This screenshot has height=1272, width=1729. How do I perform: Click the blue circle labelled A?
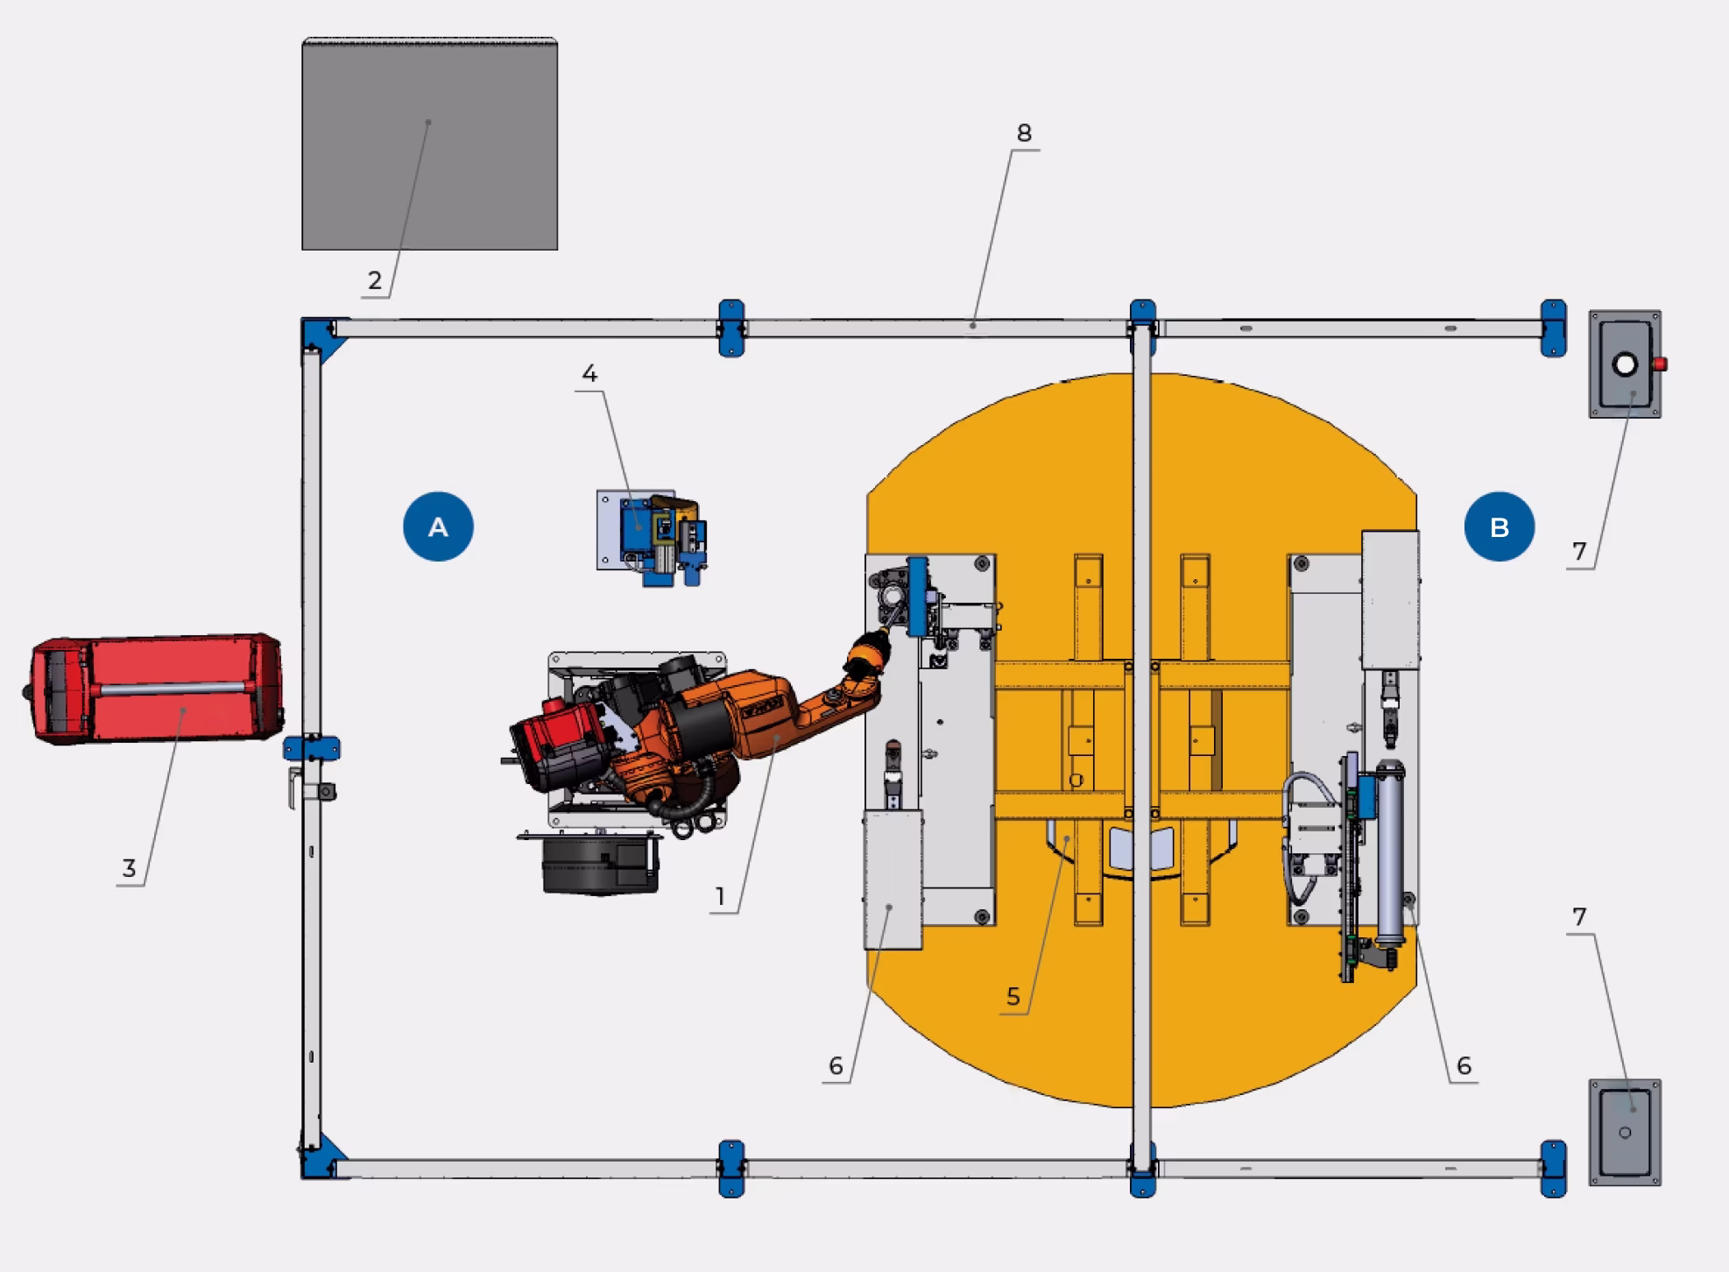(438, 526)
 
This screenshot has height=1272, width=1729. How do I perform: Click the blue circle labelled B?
(1499, 526)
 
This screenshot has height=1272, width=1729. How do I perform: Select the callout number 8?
(1024, 133)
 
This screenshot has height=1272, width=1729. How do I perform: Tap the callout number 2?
(375, 280)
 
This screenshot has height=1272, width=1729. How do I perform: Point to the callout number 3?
(129, 868)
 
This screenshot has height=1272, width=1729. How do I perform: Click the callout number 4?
(589, 374)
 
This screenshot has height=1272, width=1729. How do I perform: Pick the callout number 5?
(1013, 996)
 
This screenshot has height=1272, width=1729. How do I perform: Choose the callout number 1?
(720, 896)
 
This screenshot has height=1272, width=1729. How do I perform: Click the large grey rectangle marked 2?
(429, 145)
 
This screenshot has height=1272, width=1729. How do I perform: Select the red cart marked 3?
(156, 689)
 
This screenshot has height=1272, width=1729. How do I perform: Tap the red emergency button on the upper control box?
(1659, 364)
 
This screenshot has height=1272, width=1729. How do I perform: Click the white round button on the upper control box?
(1625, 364)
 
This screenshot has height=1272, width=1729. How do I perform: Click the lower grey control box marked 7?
(1625, 1132)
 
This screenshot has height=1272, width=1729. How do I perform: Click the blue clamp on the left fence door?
(311, 749)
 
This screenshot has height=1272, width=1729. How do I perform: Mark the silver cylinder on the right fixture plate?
(1388, 854)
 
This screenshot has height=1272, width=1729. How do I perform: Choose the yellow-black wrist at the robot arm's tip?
(866, 658)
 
